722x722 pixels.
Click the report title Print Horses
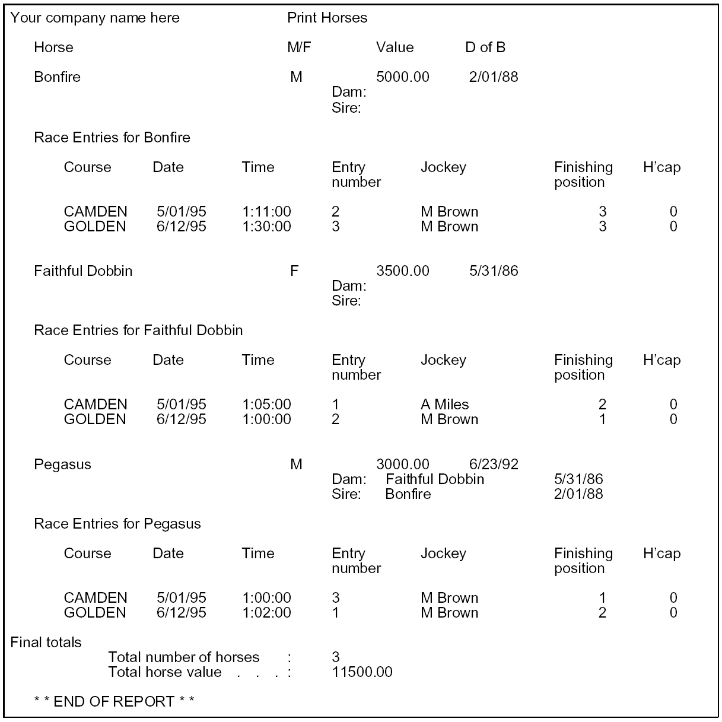coord(327,18)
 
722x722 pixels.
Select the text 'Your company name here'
coord(95,18)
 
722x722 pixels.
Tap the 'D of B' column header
coord(485,47)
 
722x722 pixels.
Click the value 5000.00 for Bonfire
coord(402,77)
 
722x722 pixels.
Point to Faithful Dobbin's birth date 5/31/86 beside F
coord(493,271)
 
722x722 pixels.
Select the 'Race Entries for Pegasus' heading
coord(117,524)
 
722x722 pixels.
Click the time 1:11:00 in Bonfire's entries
coord(266,212)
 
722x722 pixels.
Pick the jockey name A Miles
coord(444,405)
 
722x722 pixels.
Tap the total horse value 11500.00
coord(362,672)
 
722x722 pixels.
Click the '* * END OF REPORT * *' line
coord(114,702)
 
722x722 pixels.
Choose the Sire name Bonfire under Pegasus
coord(408,494)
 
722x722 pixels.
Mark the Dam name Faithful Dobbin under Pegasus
coord(434,479)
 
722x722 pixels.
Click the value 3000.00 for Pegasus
coord(402,464)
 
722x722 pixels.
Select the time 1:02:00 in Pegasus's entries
coord(266,613)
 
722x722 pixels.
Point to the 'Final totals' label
coord(46,643)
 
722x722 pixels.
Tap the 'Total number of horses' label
coord(183,657)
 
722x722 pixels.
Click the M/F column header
coord(298,47)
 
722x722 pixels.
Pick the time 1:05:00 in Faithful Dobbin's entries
coord(266,405)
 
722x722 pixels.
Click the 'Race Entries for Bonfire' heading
coord(112,138)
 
